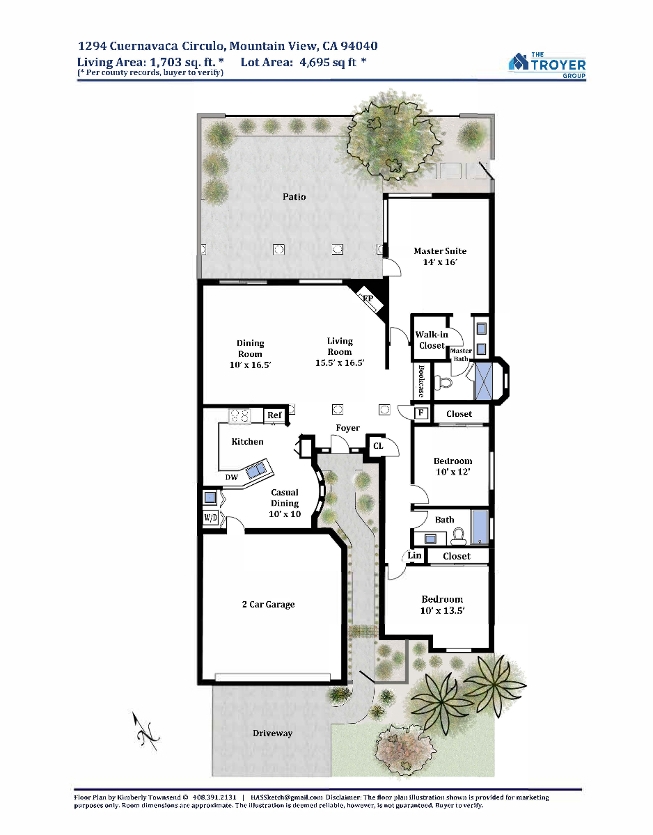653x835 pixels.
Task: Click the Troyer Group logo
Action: [547, 65]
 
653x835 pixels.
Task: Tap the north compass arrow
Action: [145, 731]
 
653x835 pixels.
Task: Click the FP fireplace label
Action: [368, 299]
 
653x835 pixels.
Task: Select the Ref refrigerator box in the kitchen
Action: [274, 415]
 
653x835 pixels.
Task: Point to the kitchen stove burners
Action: [240, 415]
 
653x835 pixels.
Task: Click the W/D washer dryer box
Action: [210, 518]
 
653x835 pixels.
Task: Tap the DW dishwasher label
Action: [231, 477]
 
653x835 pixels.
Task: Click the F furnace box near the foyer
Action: [421, 413]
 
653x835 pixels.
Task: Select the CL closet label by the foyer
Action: [378, 446]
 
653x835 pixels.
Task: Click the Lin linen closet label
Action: [414, 555]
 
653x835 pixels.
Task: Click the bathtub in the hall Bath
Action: [479, 527]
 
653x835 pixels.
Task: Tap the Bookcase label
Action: [421, 381]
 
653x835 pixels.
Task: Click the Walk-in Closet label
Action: [432, 340]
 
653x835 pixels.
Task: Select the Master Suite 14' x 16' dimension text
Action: [440, 262]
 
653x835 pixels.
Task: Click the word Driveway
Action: [272, 733]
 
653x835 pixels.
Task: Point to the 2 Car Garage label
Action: [268, 604]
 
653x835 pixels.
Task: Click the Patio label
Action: [294, 197]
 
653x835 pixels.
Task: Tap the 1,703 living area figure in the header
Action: [166, 62]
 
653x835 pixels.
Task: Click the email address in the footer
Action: [286, 797]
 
